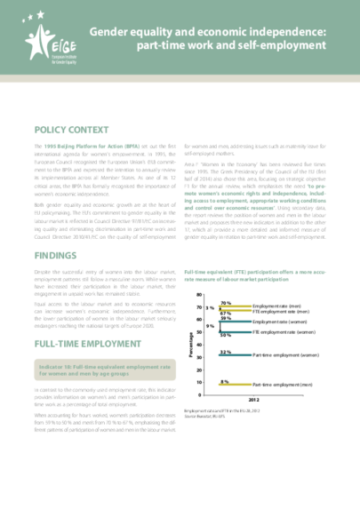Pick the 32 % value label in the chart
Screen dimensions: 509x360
pos(224,352)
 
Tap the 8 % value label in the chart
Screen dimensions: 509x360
pos(224,381)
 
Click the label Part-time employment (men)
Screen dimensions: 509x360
pos(284,386)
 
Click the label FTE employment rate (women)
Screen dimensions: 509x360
pos(287,331)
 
